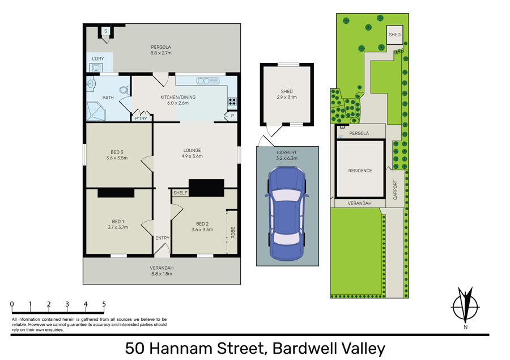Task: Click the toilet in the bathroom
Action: (125, 90)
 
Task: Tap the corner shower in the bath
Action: (96, 111)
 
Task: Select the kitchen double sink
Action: (207, 81)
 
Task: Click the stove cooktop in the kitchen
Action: (232, 101)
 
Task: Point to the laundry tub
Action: (96, 67)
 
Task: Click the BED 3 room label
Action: (117, 152)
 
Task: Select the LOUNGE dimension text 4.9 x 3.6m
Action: (192, 156)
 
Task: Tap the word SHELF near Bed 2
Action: (180, 193)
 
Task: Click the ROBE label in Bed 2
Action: (233, 232)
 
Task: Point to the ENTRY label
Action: (162, 238)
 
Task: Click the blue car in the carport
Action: (287, 214)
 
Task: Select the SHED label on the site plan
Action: (394, 35)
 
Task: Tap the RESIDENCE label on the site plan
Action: (360, 171)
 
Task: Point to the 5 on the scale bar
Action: (104, 304)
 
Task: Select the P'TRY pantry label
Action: (141, 118)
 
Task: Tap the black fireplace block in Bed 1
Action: (116, 193)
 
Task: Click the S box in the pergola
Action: (106, 31)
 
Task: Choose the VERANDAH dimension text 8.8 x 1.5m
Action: (161, 274)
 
